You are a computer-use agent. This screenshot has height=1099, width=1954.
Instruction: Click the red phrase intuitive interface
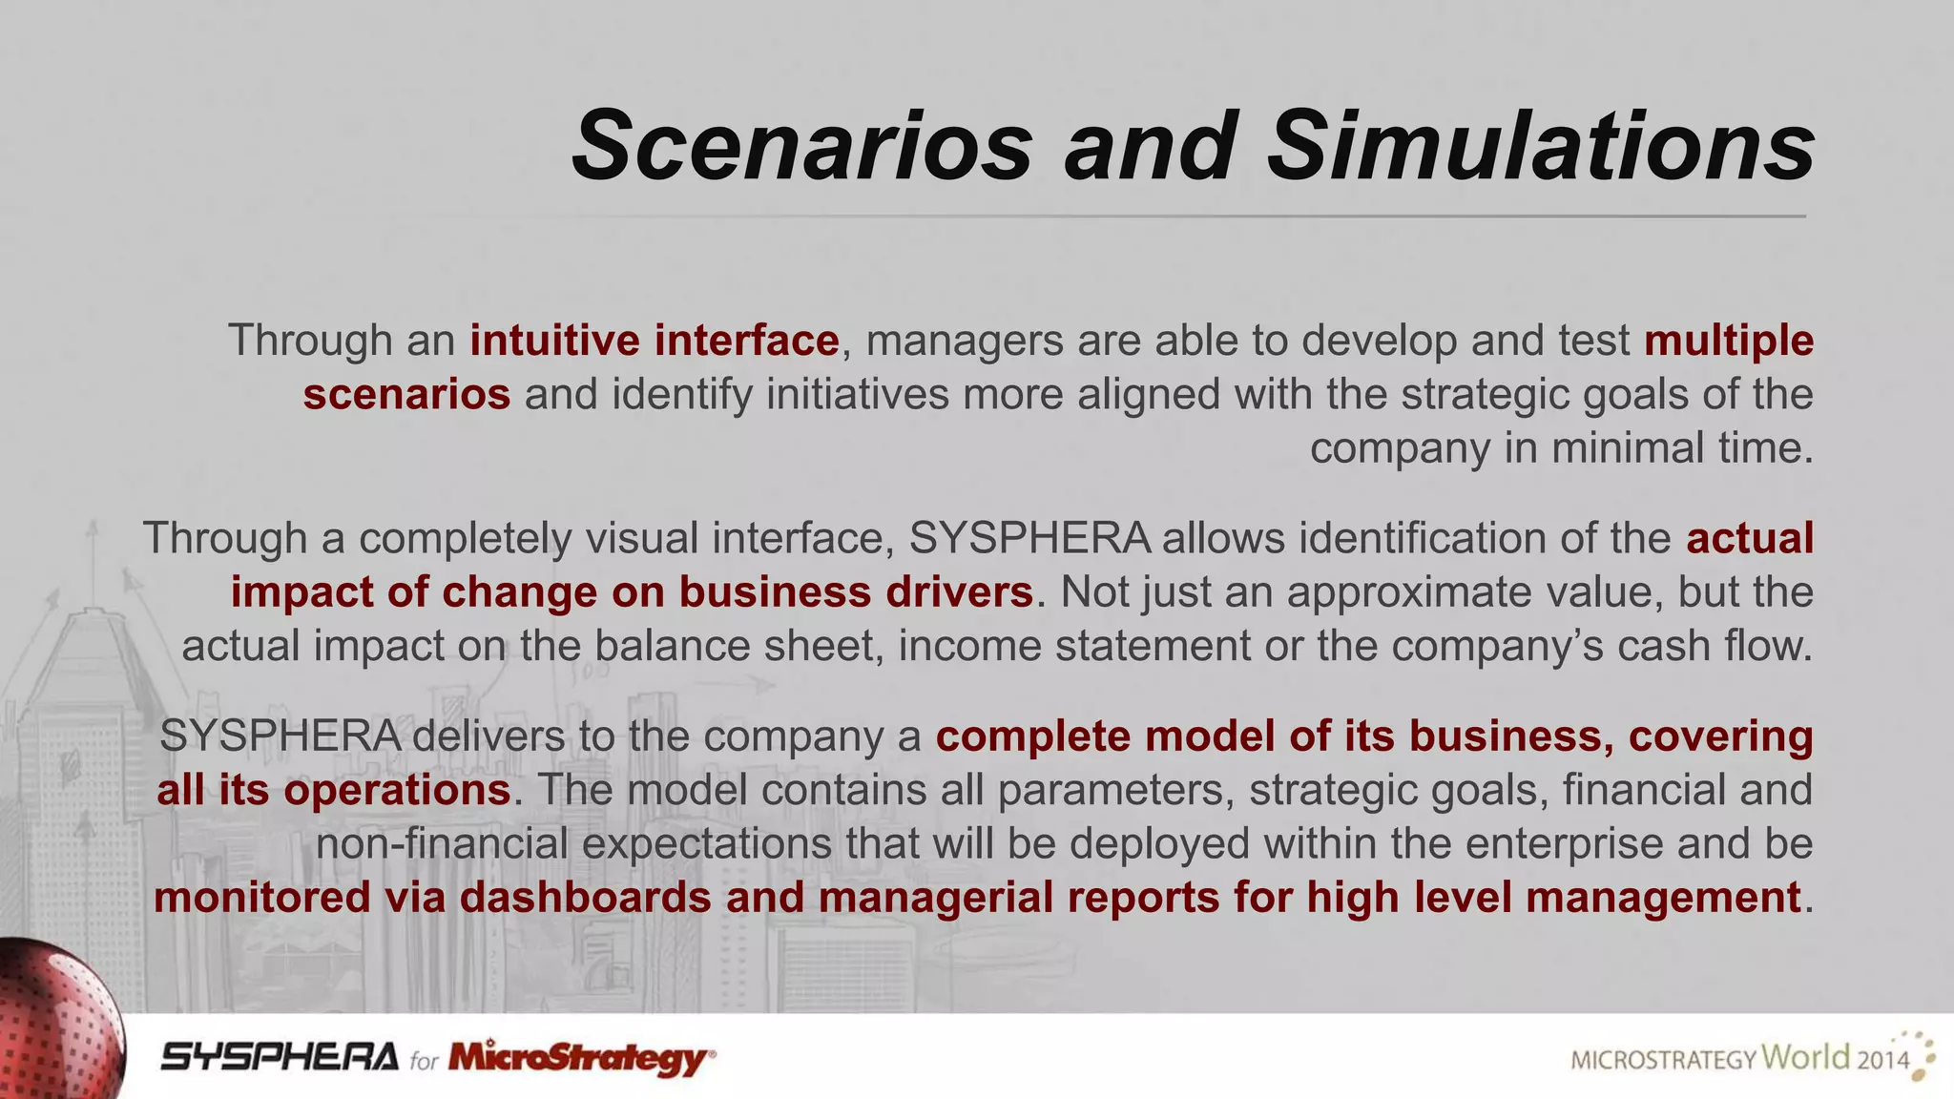point(654,341)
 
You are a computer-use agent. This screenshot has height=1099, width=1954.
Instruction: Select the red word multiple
point(1728,341)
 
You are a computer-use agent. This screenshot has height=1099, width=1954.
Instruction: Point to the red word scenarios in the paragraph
point(406,394)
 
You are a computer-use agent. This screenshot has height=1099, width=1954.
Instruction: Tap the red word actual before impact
point(1749,538)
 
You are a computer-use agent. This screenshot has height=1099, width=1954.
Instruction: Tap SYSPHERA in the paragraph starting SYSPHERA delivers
point(280,736)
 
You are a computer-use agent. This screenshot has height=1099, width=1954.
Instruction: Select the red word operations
point(396,790)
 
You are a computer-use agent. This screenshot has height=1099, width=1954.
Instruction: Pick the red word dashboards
point(585,898)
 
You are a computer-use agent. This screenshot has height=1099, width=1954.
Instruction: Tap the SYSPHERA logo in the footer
point(279,1057)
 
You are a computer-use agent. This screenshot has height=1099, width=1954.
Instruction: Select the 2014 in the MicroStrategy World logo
point(1882,1060)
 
